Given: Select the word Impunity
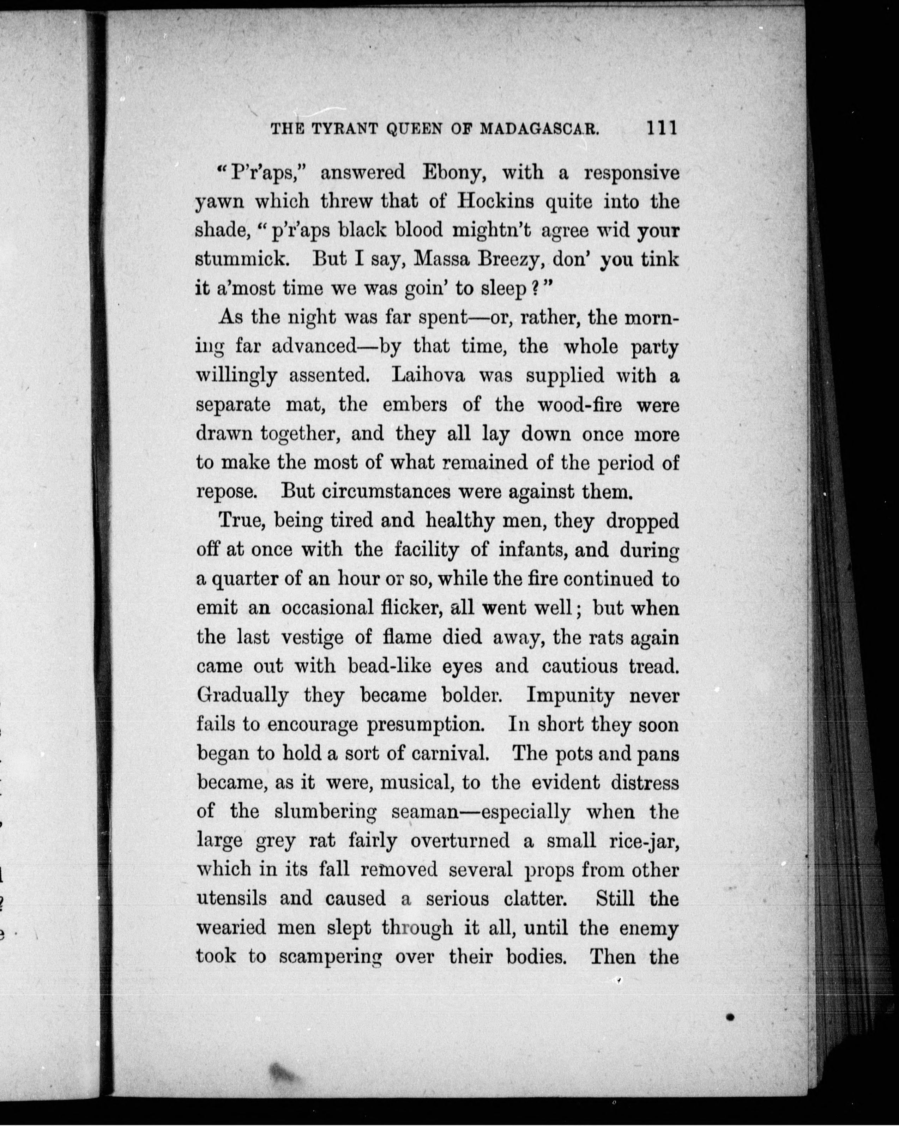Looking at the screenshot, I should click(x=571, y=696).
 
